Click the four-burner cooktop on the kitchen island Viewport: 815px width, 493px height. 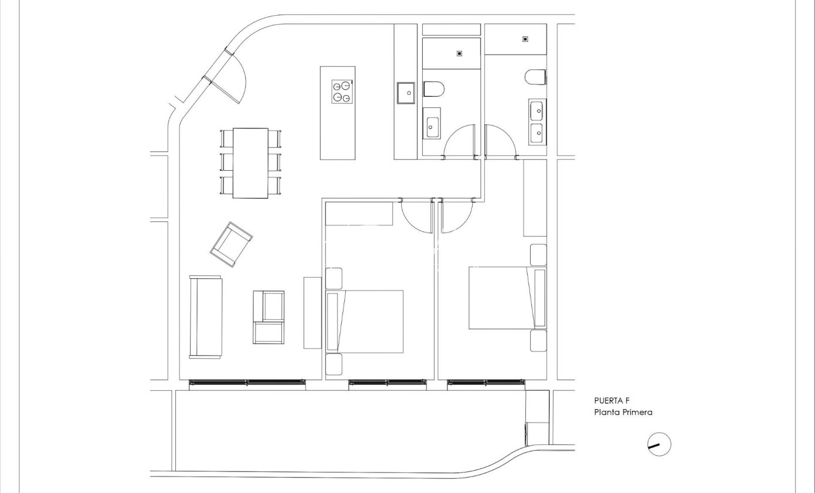(342, 92)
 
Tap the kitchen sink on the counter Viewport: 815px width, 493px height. (406, 93)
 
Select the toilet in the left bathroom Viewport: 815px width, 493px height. (434, 89)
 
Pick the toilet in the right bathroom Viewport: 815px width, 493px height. (535, 77)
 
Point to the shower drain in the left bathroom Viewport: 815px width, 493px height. (460, 53)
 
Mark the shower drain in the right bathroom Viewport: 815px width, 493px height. (525, 39)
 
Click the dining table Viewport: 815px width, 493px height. (250, 163)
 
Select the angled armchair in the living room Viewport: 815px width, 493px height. (232, 244)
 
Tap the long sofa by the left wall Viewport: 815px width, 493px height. (206, 317)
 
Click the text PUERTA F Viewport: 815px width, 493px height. (612, 400)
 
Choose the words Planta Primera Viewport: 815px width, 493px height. (623, 412)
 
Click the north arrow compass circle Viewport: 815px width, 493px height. (659, 444)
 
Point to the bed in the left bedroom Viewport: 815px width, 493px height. (365, 322)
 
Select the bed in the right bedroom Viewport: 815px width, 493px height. (508, 298)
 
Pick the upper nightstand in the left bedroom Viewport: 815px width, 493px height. (334, 279)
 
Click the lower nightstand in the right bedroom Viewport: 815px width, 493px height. (538, 341)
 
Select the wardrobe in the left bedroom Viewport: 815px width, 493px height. (359, 214)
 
